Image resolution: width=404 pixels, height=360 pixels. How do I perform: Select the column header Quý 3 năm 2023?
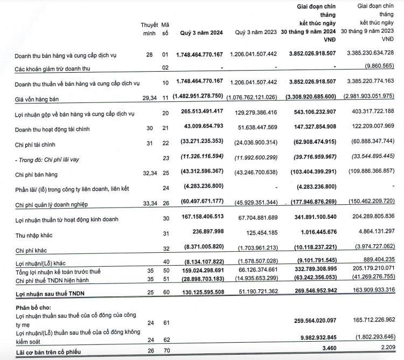point(256,33)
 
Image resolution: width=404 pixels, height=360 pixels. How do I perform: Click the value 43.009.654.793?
point(200,130)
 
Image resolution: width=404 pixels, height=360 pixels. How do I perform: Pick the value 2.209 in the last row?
point(385,349)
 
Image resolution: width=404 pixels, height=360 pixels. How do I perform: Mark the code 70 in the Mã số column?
point(165,349)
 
